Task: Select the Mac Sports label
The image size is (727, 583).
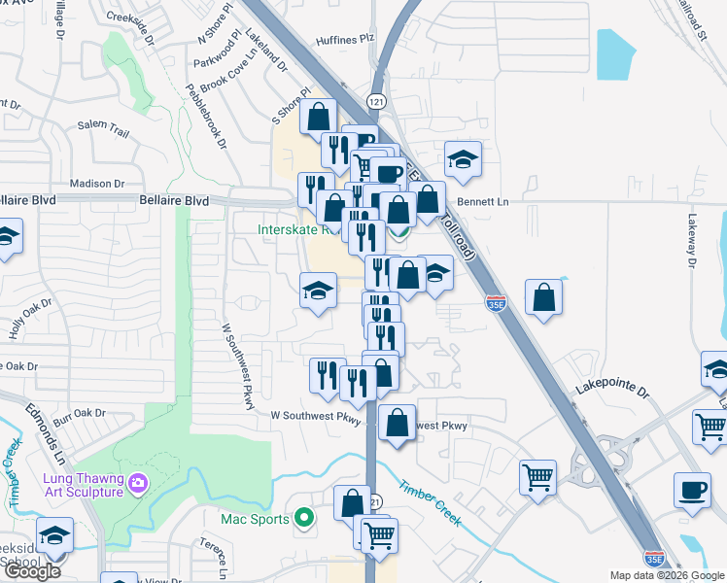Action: pos(256,519)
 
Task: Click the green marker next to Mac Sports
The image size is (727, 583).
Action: pos(303,518)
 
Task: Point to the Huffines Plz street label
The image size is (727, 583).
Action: pos(344,40)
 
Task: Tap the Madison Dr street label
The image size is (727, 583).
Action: pos(98,183)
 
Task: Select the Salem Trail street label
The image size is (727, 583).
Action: pos(103,124)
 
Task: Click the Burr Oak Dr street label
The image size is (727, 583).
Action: pos(79,414)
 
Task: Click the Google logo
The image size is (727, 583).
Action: pos(32,571)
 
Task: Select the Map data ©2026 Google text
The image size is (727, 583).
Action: pos(666,575)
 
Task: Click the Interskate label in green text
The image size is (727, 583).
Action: pos(296,230)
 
